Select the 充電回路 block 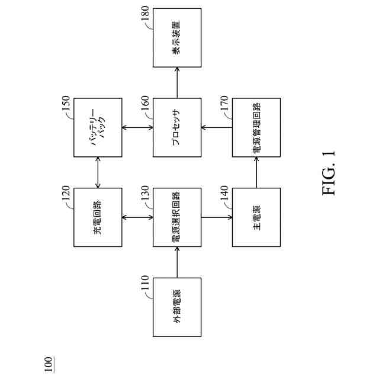coord(98,217)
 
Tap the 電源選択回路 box coord(177,217)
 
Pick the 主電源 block coord(256,217)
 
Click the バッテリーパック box coord(98,127)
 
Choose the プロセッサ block coord(177,127)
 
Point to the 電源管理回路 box coord(256,127)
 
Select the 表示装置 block coord(177,37)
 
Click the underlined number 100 coord(49,361)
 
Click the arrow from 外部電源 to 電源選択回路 coord(177,262)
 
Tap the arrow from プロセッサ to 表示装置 coord(177,82)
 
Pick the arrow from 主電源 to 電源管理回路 coord(256,172)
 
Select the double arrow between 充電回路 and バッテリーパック coord(98,172)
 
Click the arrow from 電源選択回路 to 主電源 coord(217,217)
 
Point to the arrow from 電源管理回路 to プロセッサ coord(217,127)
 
